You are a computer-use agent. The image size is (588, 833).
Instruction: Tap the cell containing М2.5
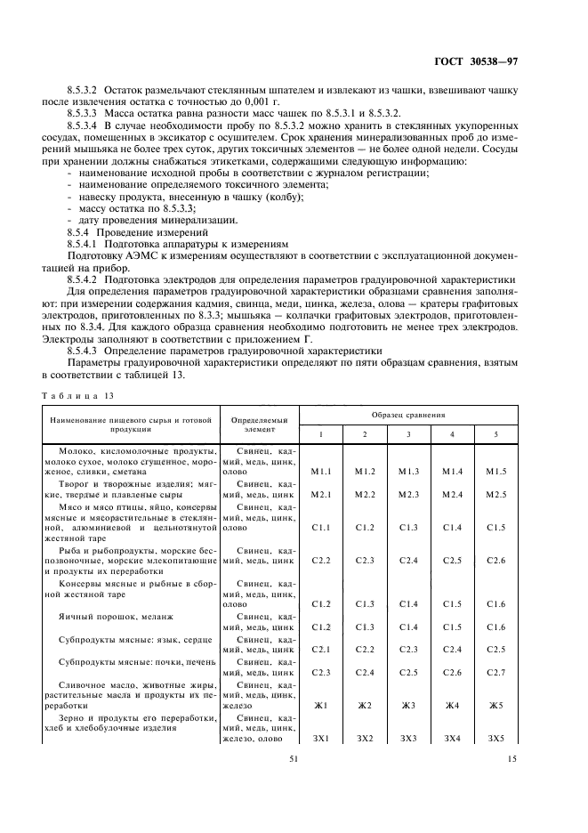[x=495, y=494]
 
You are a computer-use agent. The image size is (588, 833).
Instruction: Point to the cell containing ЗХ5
[x=495, y=738]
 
